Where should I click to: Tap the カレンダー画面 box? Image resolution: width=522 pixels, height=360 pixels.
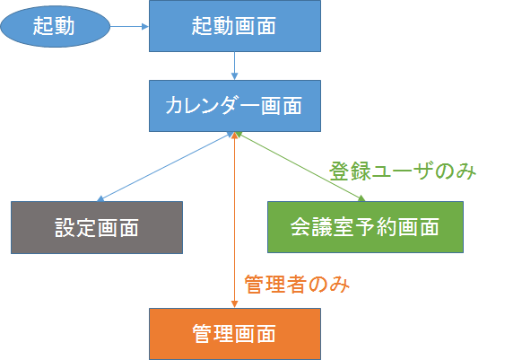tap(233, 104)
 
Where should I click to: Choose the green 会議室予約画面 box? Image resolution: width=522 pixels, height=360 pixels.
tap(365, 227)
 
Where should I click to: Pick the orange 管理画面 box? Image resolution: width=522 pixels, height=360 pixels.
tap(233, 333)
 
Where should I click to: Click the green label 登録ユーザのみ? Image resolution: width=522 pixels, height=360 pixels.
tap(401, 170)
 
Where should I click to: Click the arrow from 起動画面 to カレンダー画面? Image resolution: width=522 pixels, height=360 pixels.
tap(233, 66)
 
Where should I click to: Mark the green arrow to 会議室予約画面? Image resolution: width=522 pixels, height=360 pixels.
tap(299, 167)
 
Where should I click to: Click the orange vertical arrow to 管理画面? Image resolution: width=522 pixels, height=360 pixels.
tap(234, 224)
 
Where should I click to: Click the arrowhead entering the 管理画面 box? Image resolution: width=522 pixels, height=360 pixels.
tap(234, 303)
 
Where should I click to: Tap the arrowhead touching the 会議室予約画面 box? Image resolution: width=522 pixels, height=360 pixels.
tap(361, 198)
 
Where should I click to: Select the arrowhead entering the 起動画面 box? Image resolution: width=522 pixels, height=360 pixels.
tap(144, 26)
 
